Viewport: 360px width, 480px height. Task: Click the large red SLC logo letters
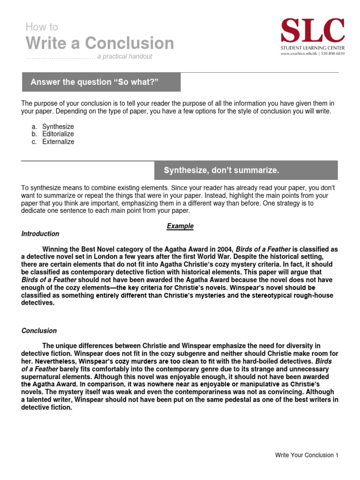(x=312, y=31)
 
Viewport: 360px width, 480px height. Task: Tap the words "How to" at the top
(x=42, y=27)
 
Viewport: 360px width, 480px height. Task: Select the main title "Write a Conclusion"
(x=100, y=43)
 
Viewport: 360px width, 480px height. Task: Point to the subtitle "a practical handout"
(x=125, y=57)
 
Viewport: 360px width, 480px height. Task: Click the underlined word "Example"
(x=180, y=226)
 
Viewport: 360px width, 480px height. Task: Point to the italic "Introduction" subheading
(x=40, y=234)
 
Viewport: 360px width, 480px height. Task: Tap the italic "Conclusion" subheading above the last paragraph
(x=39, y=331)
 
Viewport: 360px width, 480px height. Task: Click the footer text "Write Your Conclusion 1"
(x=306, y=455)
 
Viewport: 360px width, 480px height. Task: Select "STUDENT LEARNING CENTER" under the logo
(x=312, y=48)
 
